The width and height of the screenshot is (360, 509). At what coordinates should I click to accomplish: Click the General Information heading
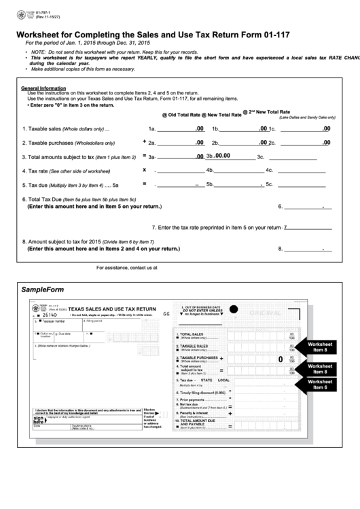coord(43,88)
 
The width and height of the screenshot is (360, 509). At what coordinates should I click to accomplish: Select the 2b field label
coord(215,143)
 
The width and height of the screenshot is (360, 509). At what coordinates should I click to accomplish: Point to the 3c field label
coord(260,157)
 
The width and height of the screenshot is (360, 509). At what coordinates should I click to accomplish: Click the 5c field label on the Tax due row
coord(269,184)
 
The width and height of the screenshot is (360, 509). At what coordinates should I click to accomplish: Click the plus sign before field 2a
coord(145,142)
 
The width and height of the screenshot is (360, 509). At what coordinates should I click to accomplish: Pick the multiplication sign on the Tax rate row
coord(145,169)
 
